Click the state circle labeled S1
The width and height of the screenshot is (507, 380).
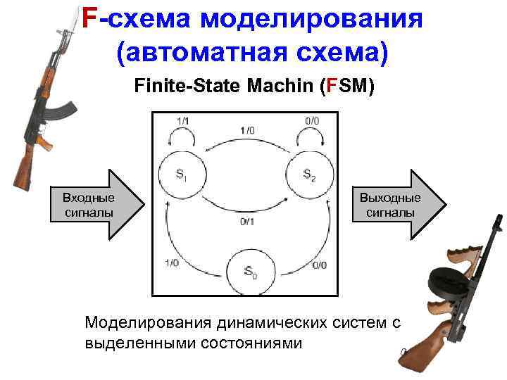click(182, 172)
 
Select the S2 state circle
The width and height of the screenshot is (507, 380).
click(307, 172)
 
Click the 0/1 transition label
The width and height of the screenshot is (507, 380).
click(246, 223)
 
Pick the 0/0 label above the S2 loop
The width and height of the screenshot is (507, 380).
click(311, 120)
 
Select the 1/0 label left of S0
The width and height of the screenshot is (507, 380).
click(172, 263)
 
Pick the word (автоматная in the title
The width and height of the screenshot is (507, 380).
click(197, 51)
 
